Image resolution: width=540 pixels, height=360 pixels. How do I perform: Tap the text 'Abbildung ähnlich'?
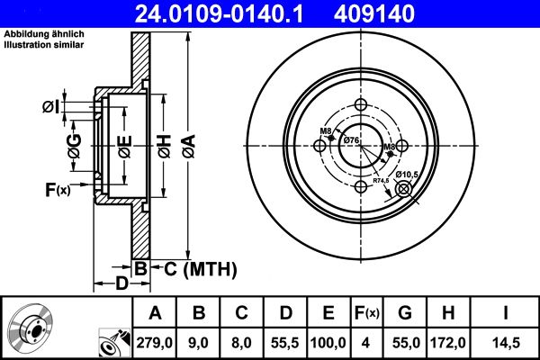coord(41,35)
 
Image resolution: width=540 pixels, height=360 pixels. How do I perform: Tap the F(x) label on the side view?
coord(57,189)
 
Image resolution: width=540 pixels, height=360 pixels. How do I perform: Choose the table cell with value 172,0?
coord(447,343)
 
